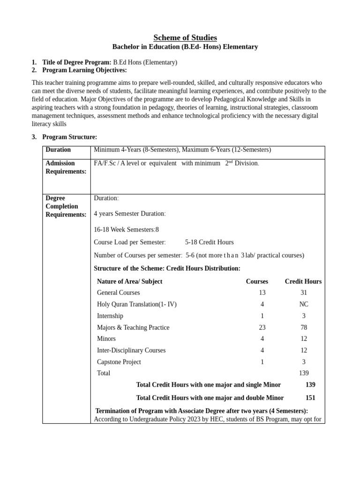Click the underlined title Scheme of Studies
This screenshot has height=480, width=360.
pyautogui.click(x=185, y=37)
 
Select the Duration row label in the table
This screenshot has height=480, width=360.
pyautogui.click(x=58, y=150)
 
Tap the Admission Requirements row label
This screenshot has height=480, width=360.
pyautogui.click(x=66, y=167)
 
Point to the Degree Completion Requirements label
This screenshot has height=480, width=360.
pyautogui.click(x=66, y=206)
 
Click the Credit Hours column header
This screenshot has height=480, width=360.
pyautogui.click(x=303, y=281)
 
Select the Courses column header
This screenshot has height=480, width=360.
pyautogui.click(x=257, y=281)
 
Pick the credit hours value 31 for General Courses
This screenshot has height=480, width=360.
pyautogui.click(x=303, y=292)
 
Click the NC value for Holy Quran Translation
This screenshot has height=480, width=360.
pyautogui.click(x=303, y=304)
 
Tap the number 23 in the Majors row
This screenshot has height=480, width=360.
pyautogui.click(x=262, y=327)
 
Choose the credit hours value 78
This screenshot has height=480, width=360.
pyautogui.click(x=303, y=327)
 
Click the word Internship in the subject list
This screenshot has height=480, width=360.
pyautogui.click(x=110, y=316)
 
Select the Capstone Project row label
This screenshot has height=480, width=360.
pyautogui.click(x=119, y=362)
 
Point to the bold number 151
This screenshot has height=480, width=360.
pyautogui.click(x=310, y=397)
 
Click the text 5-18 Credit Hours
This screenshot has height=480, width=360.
pyautogui.click(x=209, y=242)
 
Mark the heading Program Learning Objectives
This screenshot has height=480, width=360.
pyautogui.click(x=84, y=70)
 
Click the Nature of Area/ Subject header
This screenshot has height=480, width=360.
pyautogui.click(x=129, y=281)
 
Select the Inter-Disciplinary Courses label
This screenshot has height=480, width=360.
pyautogui.click(x=131, y=350)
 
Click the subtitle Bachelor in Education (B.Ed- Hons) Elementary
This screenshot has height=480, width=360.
pyautogui.click(x=185, y=47)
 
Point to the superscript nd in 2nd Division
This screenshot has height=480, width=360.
pyautogui.click(x=230, y=162)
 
